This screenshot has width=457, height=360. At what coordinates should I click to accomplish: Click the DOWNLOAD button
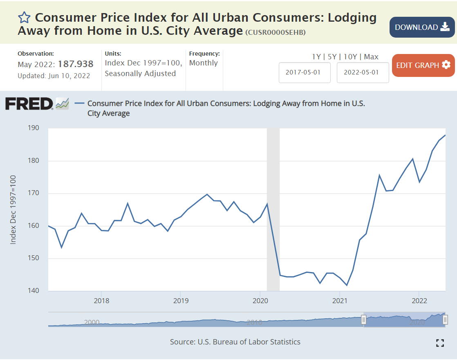422,27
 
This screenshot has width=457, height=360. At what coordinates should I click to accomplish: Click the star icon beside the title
24,18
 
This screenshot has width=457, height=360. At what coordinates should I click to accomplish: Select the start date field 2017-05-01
305,72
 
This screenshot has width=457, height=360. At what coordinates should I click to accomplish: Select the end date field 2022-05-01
363,72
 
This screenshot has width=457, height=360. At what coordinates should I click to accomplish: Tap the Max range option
371,57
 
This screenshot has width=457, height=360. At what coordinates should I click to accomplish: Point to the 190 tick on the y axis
34,128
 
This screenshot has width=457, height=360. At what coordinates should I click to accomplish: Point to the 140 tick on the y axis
34,291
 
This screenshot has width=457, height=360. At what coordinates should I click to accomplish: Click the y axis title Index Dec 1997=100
13,209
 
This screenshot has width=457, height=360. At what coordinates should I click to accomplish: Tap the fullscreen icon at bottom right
440,343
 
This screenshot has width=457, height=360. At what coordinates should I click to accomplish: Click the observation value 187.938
76,64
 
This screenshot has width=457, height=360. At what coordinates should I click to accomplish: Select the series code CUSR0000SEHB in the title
275,32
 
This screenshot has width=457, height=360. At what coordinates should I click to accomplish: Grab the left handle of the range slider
363,320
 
